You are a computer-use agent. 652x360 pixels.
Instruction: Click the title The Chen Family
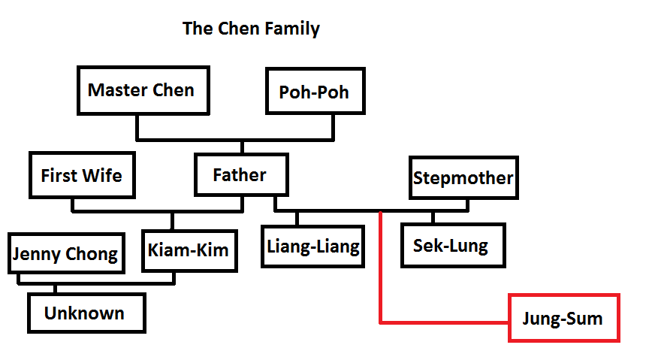coord(251,29)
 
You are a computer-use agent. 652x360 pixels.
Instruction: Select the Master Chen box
coord(141,91)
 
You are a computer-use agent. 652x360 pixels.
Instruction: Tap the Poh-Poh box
coord(313,92)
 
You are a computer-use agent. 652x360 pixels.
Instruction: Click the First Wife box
coord(81,176)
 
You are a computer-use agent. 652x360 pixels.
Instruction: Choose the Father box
coord(239,176)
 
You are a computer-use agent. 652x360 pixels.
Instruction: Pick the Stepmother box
coord(462,178)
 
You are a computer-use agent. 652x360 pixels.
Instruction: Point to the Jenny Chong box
coord(65,254)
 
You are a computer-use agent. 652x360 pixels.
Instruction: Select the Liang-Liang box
coord(313,246)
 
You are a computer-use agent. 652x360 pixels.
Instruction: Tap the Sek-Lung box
coord(450,246)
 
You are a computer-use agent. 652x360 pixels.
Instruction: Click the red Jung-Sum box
coord(563,318)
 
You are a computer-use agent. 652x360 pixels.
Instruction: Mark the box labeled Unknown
coord(85,313)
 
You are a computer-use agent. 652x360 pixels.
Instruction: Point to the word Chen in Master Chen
coord(174,91)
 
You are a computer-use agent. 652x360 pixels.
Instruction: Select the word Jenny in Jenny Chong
coord(38,254)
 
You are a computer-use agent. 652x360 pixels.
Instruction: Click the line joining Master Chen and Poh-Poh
coord(234,140)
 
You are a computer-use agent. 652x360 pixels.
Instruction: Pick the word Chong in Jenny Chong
coord(92,254)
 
